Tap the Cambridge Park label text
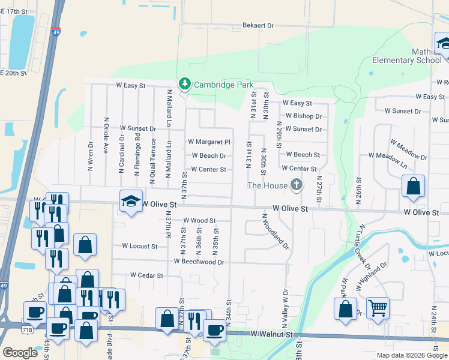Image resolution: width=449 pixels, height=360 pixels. click(223, 85)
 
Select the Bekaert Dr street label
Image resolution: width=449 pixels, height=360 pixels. click(258, 26)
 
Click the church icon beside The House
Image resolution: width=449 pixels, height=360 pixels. click(295, 185)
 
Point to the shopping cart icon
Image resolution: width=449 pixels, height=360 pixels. click(378, 308)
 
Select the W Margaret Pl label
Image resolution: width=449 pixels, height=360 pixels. click(209, 142)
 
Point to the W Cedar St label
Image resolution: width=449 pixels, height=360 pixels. click(146, 275)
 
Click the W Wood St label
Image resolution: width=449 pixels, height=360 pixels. click(199, 221)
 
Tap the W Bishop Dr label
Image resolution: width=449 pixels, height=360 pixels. click(303, 116)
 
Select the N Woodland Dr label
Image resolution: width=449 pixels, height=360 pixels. click(275, 232)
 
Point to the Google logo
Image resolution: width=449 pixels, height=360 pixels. click(20, 353)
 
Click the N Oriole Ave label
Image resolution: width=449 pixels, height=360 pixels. click(106, 136)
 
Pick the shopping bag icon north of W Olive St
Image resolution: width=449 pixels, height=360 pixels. click(413, 186)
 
